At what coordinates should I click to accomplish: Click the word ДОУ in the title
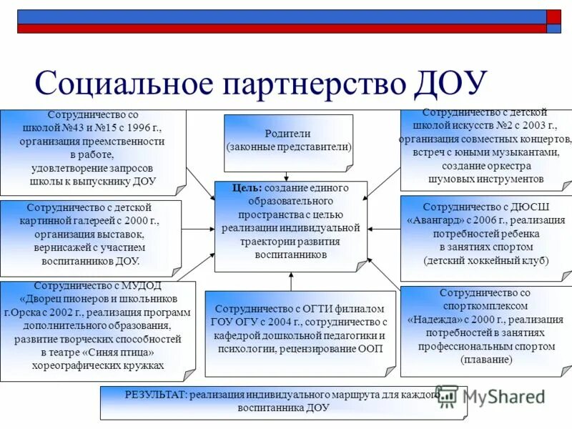[451, 83]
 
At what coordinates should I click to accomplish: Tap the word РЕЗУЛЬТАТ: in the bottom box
[156, 394]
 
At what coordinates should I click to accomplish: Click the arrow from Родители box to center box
[287, 177]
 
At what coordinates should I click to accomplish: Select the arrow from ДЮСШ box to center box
[383, 229]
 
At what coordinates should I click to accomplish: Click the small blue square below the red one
[553, 29]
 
